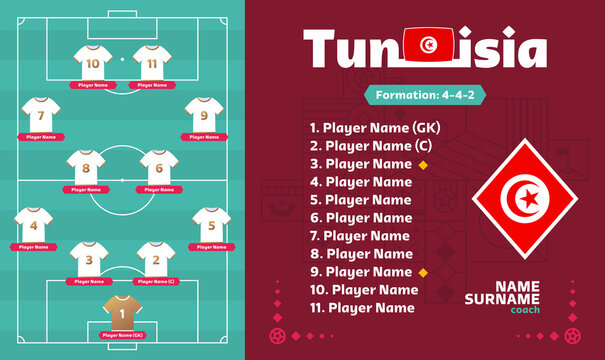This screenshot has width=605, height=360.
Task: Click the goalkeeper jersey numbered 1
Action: click(x=122, y=311)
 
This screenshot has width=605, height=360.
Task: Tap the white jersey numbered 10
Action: click(x=93, y=63)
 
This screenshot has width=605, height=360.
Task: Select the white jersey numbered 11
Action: click(x=151, y=63)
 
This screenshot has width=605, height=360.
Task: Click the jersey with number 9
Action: click(x=203, y=114)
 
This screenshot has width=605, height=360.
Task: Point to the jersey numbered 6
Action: click(x=157, y=167)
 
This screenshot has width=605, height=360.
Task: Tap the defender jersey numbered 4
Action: click(x=33, y=224)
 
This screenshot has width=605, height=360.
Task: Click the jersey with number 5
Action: click(x=210, y=224)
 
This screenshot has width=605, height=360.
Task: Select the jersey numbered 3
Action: click(x=87, y=260)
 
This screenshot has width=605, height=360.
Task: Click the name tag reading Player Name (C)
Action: click(x=155, y=281)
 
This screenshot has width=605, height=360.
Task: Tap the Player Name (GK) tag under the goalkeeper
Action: click(x=122, y=334)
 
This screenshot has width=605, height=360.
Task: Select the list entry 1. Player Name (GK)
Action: click(x=375, y=128)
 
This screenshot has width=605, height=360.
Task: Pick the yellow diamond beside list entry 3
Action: click(x=423, y=164)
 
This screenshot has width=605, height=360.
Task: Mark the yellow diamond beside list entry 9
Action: click(x=423, y=272)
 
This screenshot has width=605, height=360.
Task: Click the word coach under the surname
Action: click(x=524, y=308)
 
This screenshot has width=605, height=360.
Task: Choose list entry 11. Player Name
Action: click(x=362, y=308)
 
